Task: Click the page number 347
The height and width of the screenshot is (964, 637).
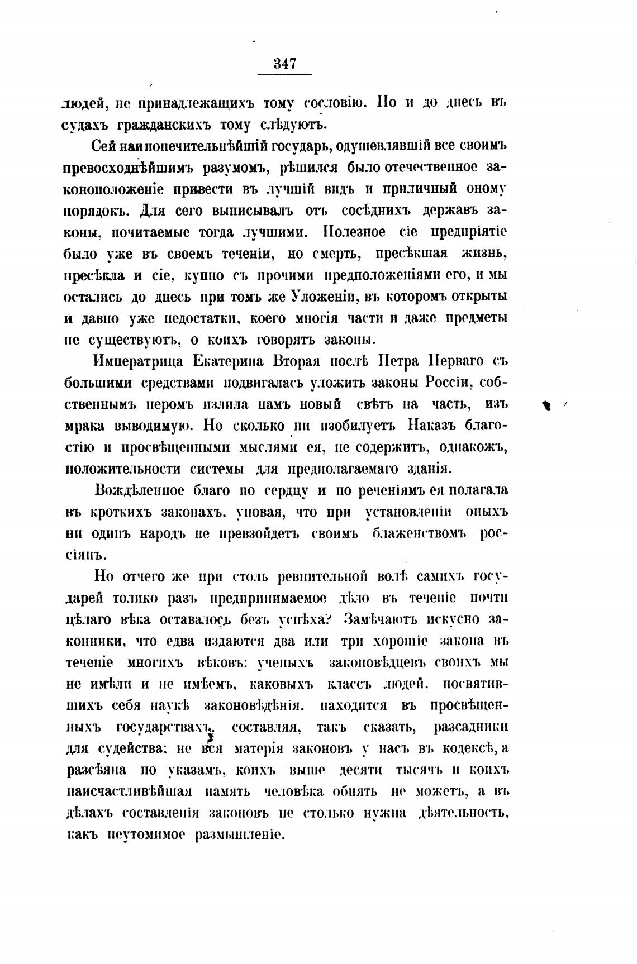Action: (284, 63)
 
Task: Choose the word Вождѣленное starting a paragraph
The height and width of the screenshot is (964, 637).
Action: (139, 490)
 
